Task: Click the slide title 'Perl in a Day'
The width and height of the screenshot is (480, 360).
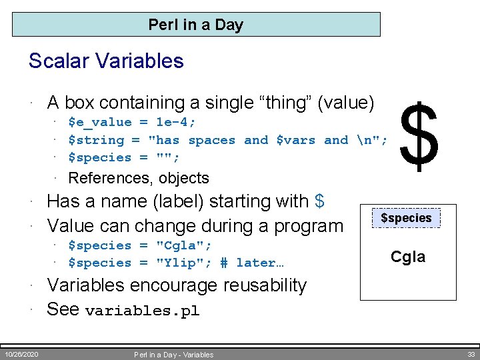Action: (x=196, y=25)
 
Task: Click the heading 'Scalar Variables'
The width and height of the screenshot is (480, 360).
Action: (x=106, y=61)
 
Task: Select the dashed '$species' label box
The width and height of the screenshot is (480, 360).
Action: (x=406, y=218)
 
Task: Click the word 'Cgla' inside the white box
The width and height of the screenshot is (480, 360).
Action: (x=407, y=257)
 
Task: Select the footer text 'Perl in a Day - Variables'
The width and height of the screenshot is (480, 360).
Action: (x=173, y=355)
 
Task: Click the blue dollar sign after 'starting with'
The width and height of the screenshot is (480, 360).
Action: (x=319, y=201)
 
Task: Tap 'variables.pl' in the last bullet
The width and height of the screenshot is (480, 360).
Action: (x=143, y=311)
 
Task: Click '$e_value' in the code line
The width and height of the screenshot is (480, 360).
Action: (x=100, y=123)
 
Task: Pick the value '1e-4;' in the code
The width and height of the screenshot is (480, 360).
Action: (x=175, y=123)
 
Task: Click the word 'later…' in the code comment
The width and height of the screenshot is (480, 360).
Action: (x=260, y=263)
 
